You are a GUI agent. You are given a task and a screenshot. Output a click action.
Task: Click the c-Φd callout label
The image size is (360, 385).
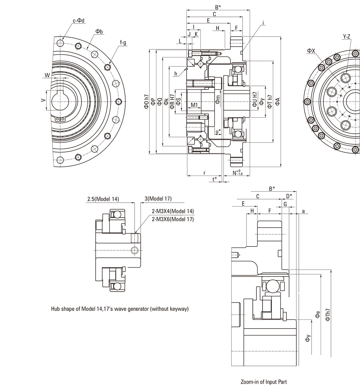pyautogui.click(x=78, y=20)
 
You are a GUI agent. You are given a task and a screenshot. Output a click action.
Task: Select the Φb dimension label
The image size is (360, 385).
pyautogui.click(x=99, y=32)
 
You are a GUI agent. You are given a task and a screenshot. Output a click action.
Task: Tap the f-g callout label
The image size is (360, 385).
pyautogui.click(x=123, y=43)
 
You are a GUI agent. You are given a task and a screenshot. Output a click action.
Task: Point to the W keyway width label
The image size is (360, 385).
pyautogui.click(x=47, y=75)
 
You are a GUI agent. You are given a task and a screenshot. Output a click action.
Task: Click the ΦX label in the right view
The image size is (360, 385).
pyautogui.click(x=311, y=50)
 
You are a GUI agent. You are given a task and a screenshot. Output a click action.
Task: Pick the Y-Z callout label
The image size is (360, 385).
pyautogui.click(x=346, y=36)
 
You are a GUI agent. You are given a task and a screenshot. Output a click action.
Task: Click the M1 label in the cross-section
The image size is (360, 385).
pyautogui.click(x=194, y=105)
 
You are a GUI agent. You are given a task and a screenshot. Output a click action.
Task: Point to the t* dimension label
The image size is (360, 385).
pyautogui.click(x=215, y=179)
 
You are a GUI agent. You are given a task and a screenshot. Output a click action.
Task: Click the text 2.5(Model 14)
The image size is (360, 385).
pyautogui.click(x=103, y=199)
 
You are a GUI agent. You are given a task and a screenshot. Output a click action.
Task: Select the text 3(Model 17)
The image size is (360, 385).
pyautogui.click(x=158, y=199)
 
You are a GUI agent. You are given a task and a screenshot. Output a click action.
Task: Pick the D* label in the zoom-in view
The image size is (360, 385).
pyautogui.click(x=289, y=196)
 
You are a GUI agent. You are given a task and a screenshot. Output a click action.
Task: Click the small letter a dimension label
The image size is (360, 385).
pyautogui.click(x=303, y=211)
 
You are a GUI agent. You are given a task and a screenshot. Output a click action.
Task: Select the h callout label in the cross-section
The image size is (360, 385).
pyautogui.click(x=176, y=74)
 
